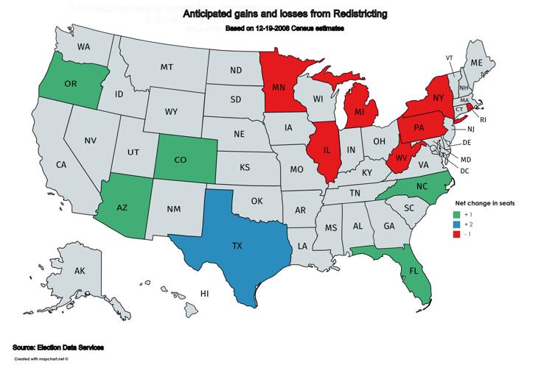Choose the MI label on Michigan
(x=360, y=112)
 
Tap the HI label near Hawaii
(x=206, y=294)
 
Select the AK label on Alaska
(x=80, y=272)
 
